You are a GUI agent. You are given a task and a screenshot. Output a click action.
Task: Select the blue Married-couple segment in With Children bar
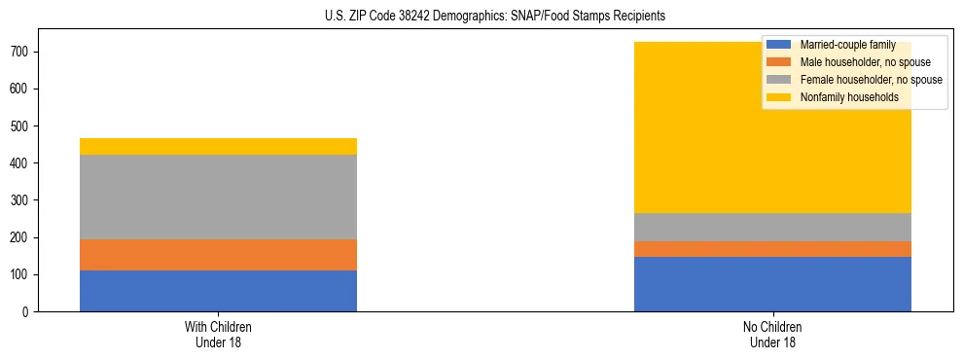218,291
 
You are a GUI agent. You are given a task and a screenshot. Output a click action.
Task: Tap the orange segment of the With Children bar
218,255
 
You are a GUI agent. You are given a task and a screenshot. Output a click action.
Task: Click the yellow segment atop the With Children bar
218,146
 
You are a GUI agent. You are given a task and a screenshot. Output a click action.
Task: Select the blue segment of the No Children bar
772,284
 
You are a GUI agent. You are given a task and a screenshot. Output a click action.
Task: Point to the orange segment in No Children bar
772,249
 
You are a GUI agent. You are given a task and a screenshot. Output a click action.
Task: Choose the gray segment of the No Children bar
772,227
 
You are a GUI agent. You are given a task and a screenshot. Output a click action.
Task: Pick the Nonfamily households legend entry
842,97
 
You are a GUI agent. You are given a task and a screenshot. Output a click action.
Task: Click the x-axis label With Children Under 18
218,334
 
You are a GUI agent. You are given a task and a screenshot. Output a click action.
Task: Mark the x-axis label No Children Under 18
772,334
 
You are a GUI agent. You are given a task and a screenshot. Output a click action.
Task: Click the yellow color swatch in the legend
779,97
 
